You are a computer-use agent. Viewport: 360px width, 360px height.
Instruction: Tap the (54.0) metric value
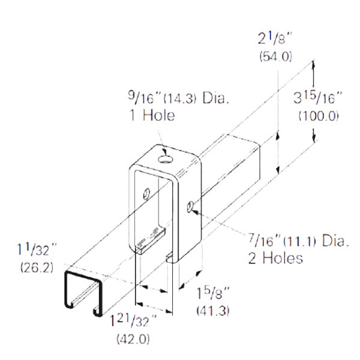coord(275,58)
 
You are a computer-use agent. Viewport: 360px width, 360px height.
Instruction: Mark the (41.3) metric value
coord(213,311)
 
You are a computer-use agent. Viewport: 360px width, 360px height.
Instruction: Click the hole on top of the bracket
coord(165,159)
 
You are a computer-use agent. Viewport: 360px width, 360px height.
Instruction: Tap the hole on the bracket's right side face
coord(190,207)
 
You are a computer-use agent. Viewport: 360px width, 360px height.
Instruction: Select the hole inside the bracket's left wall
coord(145,196)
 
